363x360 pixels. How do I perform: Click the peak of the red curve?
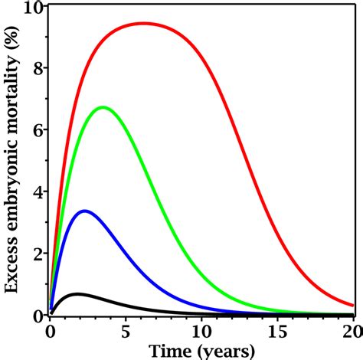pos(144,23)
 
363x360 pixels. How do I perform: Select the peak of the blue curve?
pos(84,211)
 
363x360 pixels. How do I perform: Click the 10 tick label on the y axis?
pos(34,7)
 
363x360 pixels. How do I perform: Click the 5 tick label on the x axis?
pos(125,331)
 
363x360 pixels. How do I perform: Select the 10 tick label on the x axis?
pos(201,331)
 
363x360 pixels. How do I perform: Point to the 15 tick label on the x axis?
pos(276,331)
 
